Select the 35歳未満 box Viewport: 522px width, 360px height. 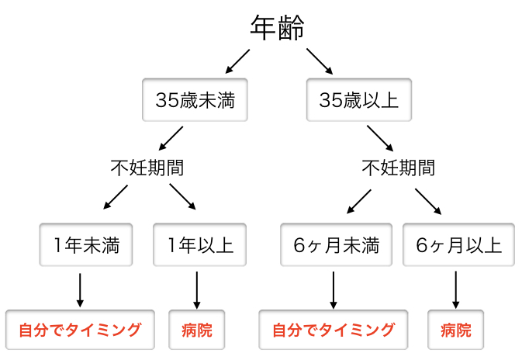[x=195, y=99]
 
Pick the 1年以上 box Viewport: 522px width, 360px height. [x=200, y=246]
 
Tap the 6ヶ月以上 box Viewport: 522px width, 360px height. [x=458, y=246]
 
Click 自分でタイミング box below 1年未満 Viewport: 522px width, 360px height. [x=80, y=330]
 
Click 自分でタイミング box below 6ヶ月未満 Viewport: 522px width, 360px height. [x=333, y=330]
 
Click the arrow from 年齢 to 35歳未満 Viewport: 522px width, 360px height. [x=237, y=60]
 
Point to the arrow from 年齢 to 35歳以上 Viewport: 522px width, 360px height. [x=318, y=60]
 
